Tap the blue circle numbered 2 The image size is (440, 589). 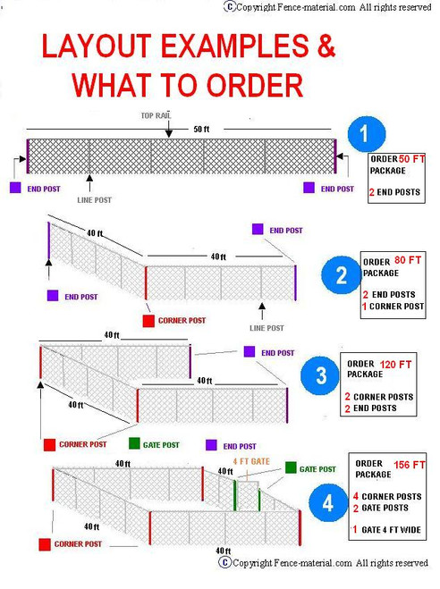point(341,274)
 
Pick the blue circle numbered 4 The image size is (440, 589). point(327,503)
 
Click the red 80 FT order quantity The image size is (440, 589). point(408,261)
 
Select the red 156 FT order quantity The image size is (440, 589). point(412,465)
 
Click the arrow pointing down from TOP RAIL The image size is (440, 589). point(167,130)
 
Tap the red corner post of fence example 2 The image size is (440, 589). point(146,282)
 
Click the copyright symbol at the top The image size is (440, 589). point(230,6)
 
